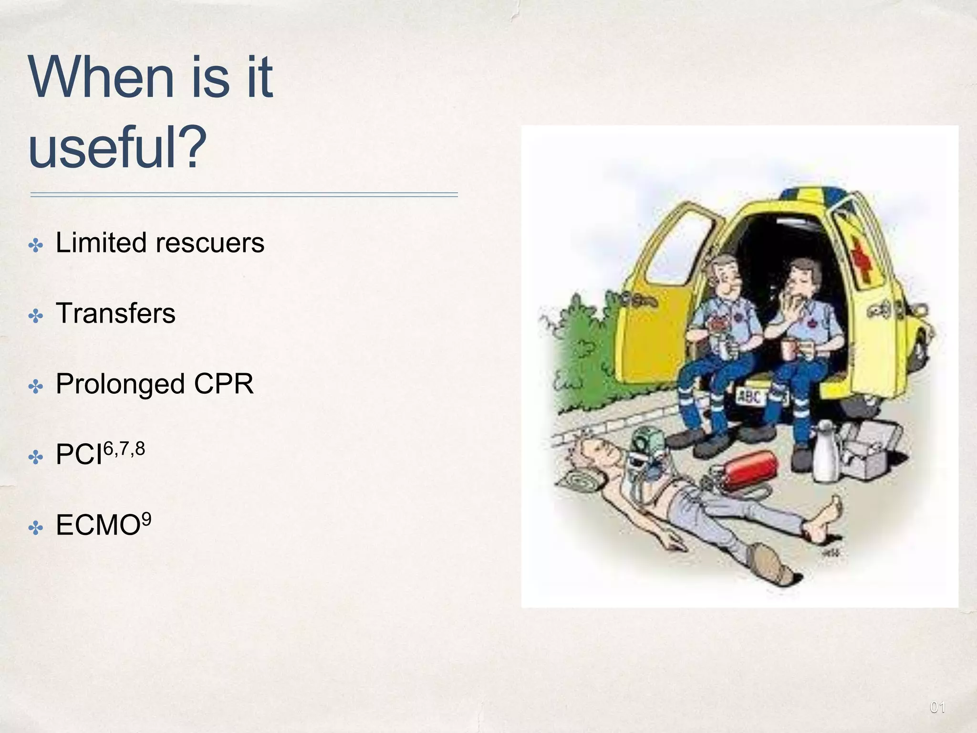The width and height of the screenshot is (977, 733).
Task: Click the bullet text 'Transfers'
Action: click(x=115, y=314)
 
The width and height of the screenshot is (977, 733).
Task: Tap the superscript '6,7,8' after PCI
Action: click(x=124, y=449)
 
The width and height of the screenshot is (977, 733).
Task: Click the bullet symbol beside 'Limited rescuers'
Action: click(x=36, y=246)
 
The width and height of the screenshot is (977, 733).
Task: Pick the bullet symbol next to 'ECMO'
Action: click(x=36, y=528)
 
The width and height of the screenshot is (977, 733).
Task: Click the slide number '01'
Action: click(x=937, y=707)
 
